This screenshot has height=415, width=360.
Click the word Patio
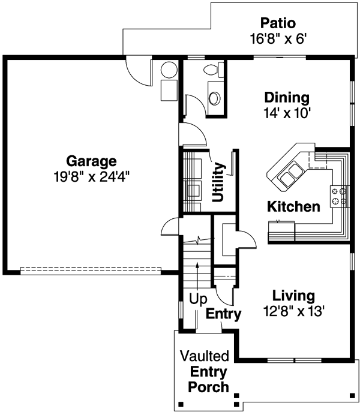click(278, 24)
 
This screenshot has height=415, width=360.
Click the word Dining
click(286, 97)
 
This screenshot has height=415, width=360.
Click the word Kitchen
click(293, 207)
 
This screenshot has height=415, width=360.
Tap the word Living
click(293, 296)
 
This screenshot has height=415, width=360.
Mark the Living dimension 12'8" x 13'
click(293, 311)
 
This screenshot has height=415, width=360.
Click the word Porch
click(209, 387)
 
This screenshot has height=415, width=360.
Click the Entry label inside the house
click(223, 314)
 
